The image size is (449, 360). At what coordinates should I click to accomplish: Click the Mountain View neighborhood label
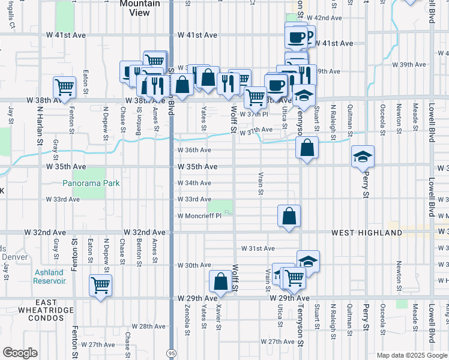tap(139, 8)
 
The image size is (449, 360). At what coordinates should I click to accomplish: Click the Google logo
tap(20, 353)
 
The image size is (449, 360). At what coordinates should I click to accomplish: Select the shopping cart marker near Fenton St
tap(64, 86)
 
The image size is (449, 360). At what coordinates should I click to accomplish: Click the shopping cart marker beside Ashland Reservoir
tap(100, 284)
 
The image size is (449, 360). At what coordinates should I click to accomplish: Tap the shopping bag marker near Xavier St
tap(220, 281)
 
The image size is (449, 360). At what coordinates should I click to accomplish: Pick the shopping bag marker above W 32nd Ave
tap(289, 215)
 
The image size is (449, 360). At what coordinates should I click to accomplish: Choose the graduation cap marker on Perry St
tap(363, 157)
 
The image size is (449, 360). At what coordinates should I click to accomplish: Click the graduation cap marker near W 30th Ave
tap(308, 261)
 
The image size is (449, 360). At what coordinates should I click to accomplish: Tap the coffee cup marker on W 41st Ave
tap(296, 37)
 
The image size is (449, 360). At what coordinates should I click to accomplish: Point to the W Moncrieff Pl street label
tap(199, 216)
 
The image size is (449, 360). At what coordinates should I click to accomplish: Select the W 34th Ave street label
tap(194, 183)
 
